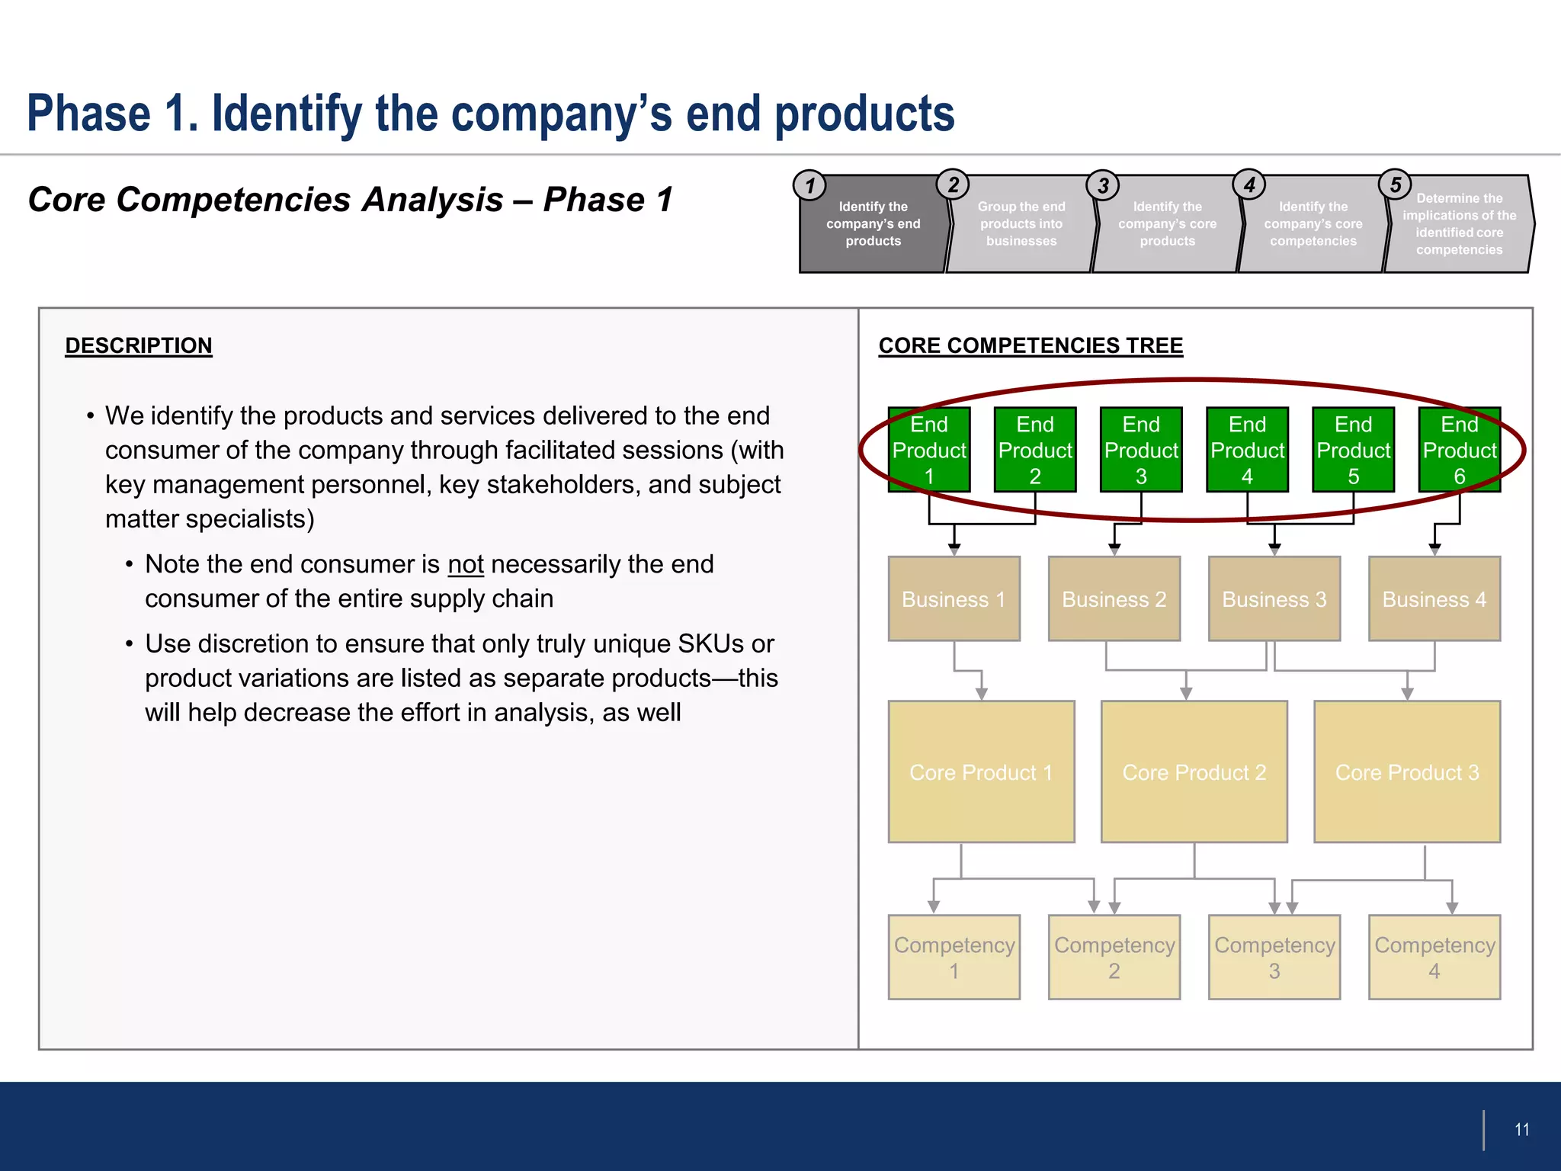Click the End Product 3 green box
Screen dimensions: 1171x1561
(1141, 450)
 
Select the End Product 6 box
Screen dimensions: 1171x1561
(1459, 450)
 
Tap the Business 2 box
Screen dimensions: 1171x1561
(1114, 599)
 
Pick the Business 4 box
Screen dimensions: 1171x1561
(1434, 599)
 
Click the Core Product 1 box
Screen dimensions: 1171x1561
(981, 772)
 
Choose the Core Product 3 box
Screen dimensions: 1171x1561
(1407, 772)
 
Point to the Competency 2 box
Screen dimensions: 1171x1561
(1114, 958)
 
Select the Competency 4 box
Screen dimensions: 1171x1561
(1434, 958)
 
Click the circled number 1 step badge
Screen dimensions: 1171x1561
(809, 185)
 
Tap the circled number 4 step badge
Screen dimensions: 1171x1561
(1248, 184)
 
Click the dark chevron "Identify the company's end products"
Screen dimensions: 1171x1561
(873, 224)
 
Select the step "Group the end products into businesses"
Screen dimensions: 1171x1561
(1021, 224)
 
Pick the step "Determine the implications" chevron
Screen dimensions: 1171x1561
(1459, 224)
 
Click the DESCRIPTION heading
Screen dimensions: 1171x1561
(139, 345)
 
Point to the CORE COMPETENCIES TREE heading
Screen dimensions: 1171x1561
(1031, 345)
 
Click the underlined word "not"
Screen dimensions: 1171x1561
(466, 565)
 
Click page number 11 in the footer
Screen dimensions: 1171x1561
(1521, 1130)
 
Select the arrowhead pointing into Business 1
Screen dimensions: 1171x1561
(954, 549)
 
